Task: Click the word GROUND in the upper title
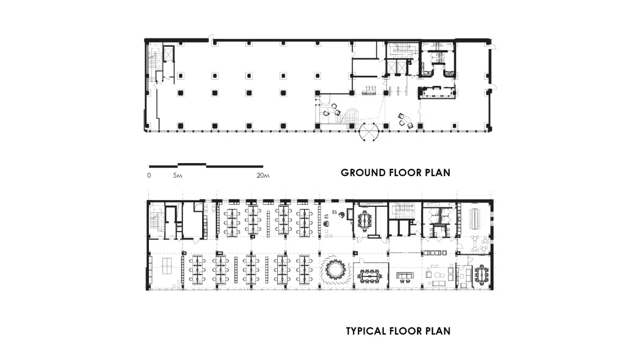(363, 173)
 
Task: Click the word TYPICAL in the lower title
(366, 331)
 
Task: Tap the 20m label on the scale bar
(263, 175)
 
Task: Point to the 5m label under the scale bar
(178, 175)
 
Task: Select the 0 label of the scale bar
(149, 175)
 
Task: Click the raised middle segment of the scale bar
(192, 164)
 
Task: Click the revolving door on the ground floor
(369, 132)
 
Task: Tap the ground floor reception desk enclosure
(437, 93)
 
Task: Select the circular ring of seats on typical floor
(335, 270)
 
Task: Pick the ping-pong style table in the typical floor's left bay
(169, 266)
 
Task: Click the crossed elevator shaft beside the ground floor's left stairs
(168, 54)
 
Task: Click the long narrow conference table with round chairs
(475, 219)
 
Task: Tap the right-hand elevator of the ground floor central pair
(402, 68)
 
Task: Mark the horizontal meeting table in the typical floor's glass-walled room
(370, 276)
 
